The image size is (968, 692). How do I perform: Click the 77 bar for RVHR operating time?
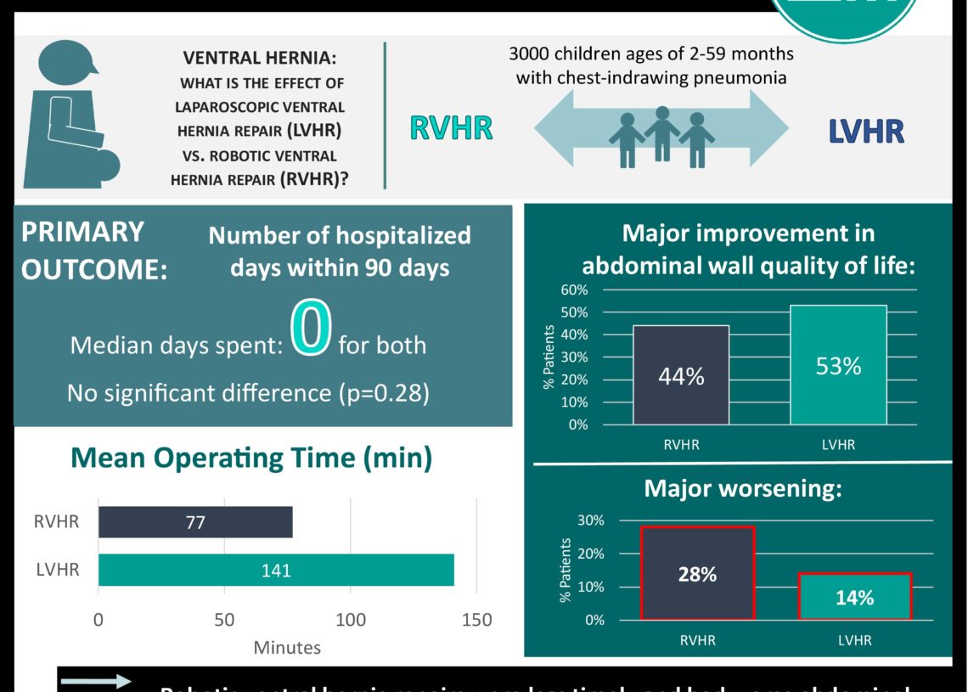pyautogui.click(x=195, y=522)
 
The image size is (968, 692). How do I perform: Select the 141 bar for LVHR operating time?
pyautogui.click(x=276, y=570)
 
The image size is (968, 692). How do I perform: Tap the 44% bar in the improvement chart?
pyautogui.click(x=681, y=374)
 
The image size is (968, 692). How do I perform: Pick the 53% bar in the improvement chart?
pyautogui.click(x=838, y=365)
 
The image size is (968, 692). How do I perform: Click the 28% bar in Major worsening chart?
pyautogui.click(x=697, y=574)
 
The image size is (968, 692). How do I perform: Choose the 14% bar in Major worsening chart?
pyautogui.click(x=854, y=597)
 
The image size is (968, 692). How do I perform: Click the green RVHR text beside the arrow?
pyautogui.click(x=451, y=128)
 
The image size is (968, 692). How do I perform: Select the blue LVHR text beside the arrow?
pyautogui.click(x=866, y=132)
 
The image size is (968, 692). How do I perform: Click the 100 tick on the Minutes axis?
pyautogui.click(x=351, y=620)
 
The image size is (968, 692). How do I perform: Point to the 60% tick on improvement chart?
pyautogui.click(x=574, y=290)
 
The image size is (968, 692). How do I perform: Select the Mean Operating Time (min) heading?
pyautogui.click(x=250, y=459)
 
